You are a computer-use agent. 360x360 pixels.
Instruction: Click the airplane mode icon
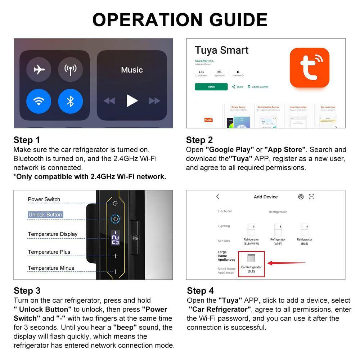[39, 69]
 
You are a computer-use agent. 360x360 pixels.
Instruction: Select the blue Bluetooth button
[70, 101]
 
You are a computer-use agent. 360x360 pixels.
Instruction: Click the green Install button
[211, 87]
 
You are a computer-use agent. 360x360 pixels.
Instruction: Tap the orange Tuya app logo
[309, 68]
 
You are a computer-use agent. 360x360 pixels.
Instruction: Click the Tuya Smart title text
[221, 50]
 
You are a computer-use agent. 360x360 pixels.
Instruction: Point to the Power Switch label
[44, 199]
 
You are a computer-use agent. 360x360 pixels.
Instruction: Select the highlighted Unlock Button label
[45, 215]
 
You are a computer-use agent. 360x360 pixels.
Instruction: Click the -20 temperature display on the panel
[115, 238]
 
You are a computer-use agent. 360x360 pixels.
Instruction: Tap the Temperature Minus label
[51, 268]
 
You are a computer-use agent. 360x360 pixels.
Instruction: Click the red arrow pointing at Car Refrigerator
[286, 263]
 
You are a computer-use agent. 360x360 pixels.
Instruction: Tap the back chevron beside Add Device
[217, 197]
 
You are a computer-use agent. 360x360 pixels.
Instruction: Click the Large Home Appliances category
[226, 256]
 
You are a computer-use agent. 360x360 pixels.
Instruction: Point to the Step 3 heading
[27, 291]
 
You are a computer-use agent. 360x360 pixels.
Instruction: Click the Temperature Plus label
[49, 252]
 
